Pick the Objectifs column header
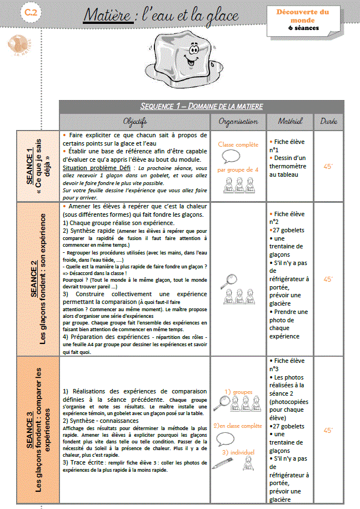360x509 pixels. click(135, 121)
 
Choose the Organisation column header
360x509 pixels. click(238, 121)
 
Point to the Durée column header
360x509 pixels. click(329, 121)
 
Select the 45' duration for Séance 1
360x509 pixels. click(328, 166)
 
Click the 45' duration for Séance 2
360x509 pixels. click(328, 280)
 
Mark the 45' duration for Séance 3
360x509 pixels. click(328, 430)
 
